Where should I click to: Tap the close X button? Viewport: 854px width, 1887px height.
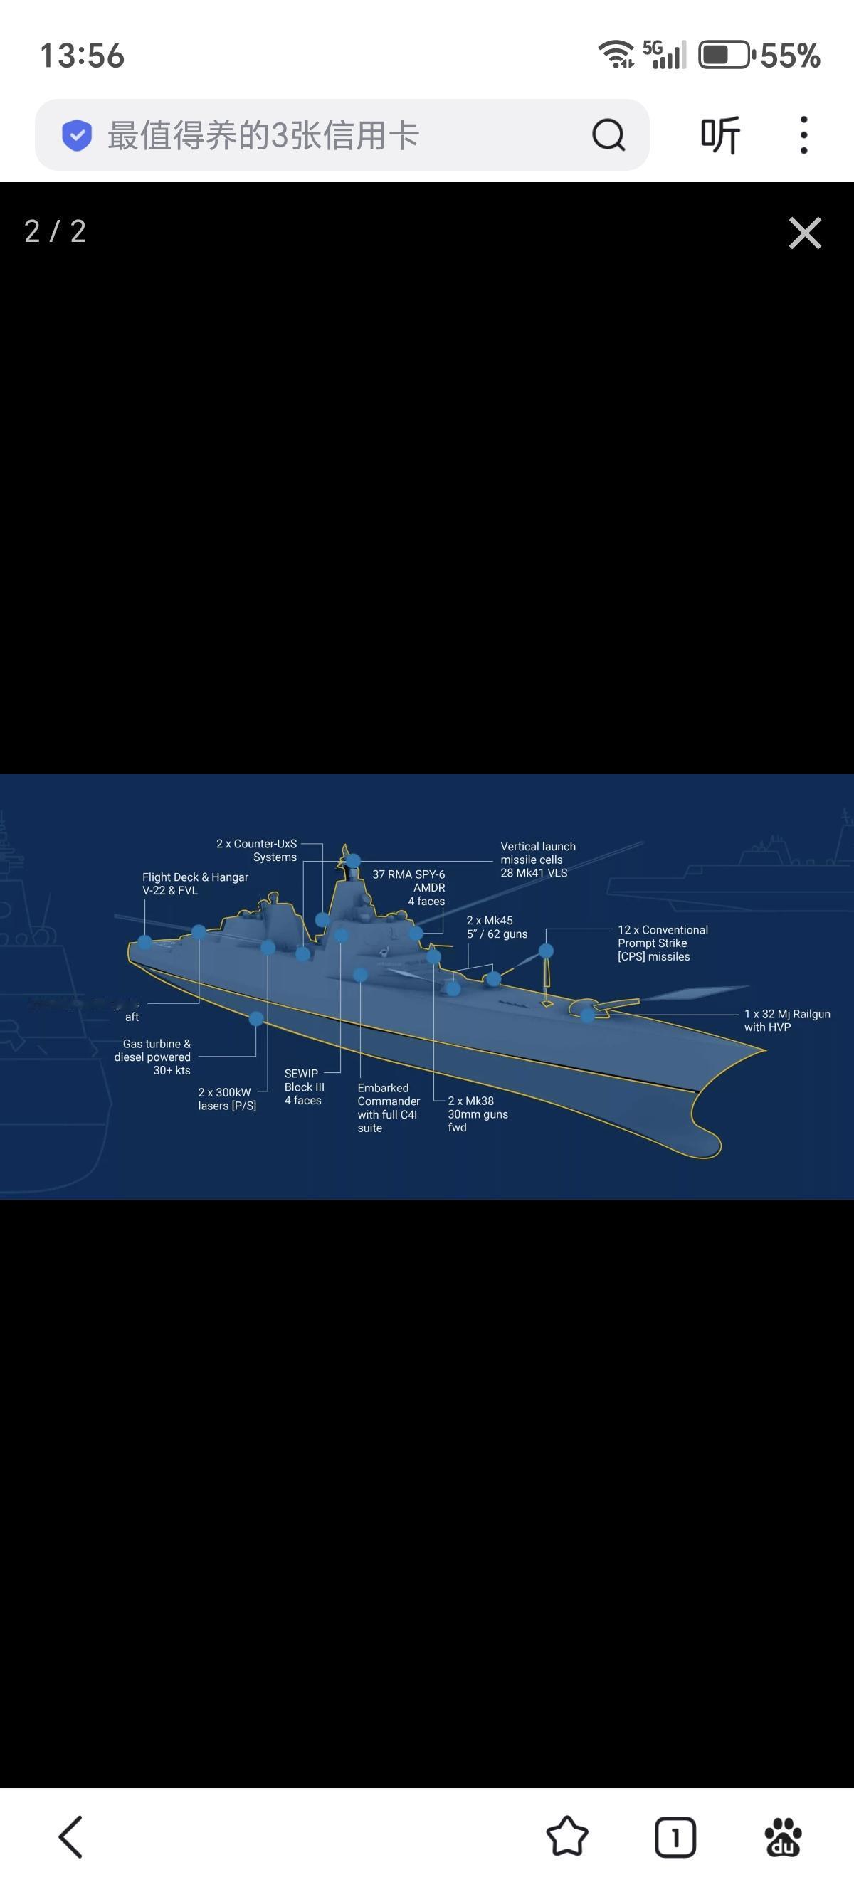click(x=805, y=233)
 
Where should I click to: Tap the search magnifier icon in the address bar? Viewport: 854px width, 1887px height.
click(x=608, y=134)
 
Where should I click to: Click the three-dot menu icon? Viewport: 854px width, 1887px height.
click(x=803, y=134)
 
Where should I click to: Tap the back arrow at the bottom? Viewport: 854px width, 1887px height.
click(x=71, y=1836)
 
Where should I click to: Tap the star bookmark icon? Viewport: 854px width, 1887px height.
click(x=567, y=1836)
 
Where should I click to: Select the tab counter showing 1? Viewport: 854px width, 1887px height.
click(x=675, y=1836)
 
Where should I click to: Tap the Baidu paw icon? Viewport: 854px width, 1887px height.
click(x=783, y=1836)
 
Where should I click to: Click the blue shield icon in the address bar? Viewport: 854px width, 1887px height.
click(x=77, y=134)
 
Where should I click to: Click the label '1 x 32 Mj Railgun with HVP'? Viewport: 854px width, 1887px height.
click(x=786, y=1020)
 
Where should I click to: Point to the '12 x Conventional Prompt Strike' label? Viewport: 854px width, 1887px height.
click(x=662, y=943)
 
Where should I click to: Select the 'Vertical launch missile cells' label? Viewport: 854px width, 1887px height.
click(x=537, y=860)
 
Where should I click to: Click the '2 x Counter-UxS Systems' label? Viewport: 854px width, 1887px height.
click(x=256, y=850)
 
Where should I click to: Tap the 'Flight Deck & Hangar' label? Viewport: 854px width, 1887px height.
click(x=195, y=884)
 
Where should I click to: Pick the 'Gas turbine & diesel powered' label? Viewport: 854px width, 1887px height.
click(x=153, y=1057)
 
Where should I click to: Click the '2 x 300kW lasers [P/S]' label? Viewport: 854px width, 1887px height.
click(x=227, y=1099)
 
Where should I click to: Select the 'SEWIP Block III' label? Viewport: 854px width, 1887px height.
click(x=304, y=1087)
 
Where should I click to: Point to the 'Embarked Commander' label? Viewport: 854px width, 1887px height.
click(x=388, y=1108)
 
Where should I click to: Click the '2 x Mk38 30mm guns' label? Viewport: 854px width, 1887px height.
click(x=478, y=1114)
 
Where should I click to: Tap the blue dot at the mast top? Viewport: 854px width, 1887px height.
click(x=353, y=861)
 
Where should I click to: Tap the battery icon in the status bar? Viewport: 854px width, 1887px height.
click(x=724, y=55)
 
